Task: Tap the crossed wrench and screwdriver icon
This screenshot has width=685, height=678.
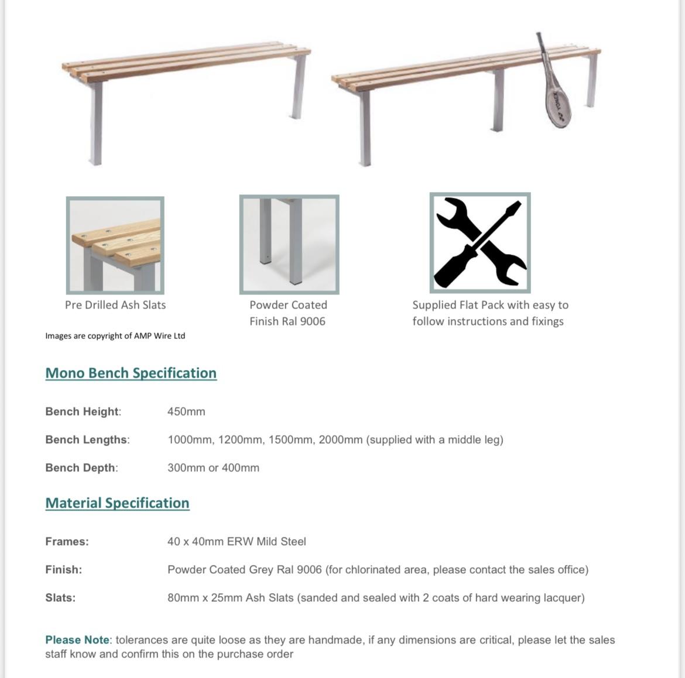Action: (x=480, y=243)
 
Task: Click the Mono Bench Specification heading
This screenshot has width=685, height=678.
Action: (x=131, y=373)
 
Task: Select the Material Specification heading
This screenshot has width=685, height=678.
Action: (x=118, y=503)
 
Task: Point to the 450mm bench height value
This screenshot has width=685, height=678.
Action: (x=186, y=412)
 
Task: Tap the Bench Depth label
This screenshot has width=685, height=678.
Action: (x=81, y=468)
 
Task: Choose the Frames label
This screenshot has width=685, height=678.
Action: (x=67, y=542)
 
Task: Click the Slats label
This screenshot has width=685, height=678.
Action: (x=60, y=598)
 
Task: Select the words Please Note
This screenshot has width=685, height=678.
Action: (x=77, y=640)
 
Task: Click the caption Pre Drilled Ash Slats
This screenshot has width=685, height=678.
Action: (x=115, y=305)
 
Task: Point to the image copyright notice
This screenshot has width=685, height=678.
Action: (x=115, y=335)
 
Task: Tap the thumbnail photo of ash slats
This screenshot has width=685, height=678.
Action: (x=115, y=245)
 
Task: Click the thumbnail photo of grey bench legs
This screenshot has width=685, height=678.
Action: (x=289, y=244)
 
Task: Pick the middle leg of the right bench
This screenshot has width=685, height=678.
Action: (x=498, y=100)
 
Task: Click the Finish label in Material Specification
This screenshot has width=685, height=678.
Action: (x=63, y=570)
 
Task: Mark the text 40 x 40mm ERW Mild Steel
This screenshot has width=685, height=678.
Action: (x=237, y=542)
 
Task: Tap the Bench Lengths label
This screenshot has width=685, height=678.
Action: (x=87, y=440)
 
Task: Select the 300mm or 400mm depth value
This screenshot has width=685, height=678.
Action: (x=213, y=468)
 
